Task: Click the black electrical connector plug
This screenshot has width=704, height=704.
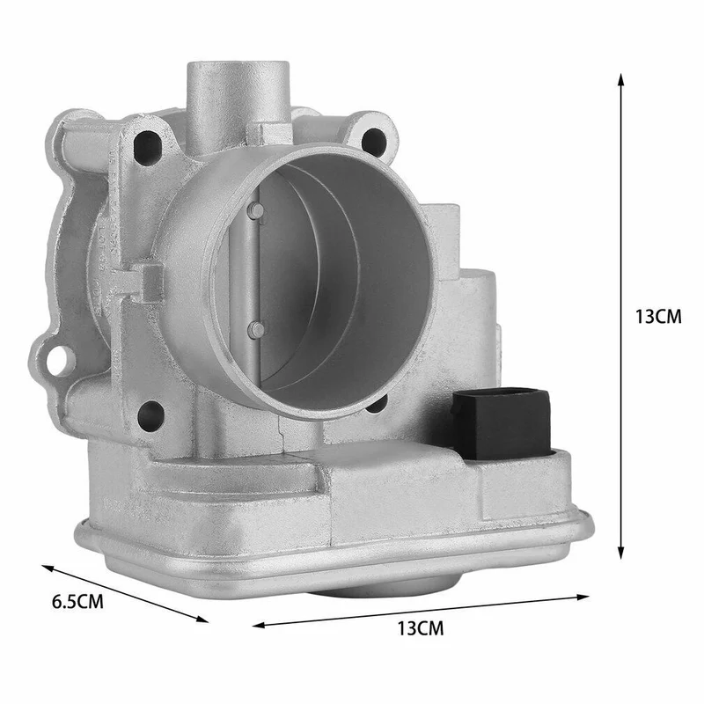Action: [x=502, y=424]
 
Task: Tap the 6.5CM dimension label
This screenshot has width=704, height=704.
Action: [x=77, y=602]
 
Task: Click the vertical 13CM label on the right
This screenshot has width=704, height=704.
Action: [x=658, y=317]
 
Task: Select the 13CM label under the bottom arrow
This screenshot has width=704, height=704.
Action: [x=421, y=628]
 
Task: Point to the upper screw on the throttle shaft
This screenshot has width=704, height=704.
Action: [x=256, y=209]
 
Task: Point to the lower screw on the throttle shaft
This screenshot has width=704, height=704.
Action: [x=257, y=330]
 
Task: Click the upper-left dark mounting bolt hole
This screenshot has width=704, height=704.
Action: [x=147, y=146]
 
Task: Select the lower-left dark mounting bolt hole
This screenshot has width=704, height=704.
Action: [x=150, y=414]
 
